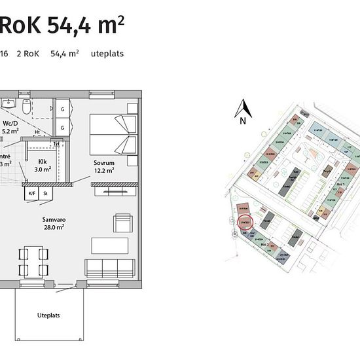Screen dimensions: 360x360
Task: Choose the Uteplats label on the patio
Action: click(48, 315)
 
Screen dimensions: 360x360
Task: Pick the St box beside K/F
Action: click(46, 194)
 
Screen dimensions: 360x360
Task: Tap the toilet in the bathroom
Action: click(27, 105)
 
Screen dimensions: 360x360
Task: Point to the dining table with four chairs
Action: click(33, 261)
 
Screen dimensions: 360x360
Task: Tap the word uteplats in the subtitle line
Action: click(107, 54)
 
